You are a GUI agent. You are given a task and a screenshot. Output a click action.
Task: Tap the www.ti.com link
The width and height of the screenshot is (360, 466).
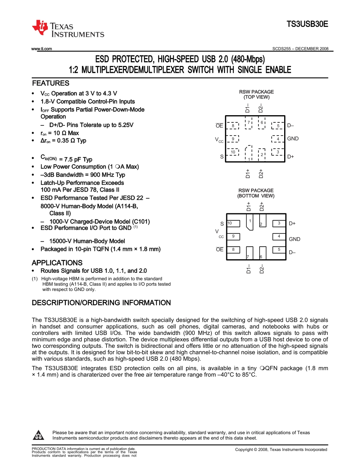42,49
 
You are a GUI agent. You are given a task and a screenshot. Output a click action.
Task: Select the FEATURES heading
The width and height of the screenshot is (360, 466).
51,83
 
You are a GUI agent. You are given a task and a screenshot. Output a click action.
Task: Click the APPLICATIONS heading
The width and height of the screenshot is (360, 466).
57,263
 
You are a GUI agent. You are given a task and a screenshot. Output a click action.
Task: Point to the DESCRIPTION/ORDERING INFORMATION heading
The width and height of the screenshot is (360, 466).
101,303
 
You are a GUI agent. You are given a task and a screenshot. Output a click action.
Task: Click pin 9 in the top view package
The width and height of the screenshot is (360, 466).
233,139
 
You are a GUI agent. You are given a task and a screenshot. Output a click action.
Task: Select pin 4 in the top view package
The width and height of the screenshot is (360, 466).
278,139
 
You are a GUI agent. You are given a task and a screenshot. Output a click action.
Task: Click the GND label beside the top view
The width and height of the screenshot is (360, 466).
293,139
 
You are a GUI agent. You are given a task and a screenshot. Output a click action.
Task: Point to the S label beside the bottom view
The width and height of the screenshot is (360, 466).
222,224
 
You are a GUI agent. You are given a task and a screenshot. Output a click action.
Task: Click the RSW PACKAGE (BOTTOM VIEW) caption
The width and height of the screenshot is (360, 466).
256,193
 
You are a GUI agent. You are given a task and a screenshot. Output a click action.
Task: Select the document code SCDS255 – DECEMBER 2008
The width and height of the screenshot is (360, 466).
300,49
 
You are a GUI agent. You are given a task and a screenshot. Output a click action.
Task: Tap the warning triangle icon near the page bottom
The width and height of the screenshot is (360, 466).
39,435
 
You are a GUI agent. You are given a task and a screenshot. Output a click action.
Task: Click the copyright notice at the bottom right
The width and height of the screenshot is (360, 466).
281,449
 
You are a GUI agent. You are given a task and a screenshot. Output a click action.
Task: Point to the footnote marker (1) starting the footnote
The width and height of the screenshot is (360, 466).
34,278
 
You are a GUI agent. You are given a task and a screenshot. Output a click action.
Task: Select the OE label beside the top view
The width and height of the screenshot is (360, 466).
219,126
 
